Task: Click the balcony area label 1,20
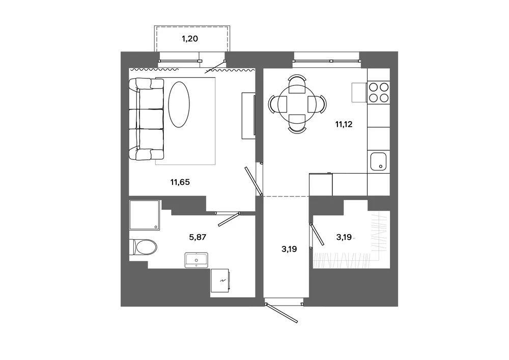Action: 189,39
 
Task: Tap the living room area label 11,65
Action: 180,182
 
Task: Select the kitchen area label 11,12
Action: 344,124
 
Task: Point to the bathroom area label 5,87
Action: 197,237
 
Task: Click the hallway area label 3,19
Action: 289,249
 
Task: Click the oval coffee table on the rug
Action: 179,104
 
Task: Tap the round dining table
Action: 297,104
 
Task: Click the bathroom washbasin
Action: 196,260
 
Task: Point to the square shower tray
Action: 145,215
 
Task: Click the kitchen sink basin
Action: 378,161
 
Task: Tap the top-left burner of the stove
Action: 373,87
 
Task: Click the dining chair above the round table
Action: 297,84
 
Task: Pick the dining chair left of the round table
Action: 278,104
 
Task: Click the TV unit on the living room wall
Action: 248,116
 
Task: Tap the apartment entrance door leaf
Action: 281,313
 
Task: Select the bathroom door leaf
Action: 229,219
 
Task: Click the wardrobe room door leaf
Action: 317,234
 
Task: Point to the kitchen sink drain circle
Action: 381,167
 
